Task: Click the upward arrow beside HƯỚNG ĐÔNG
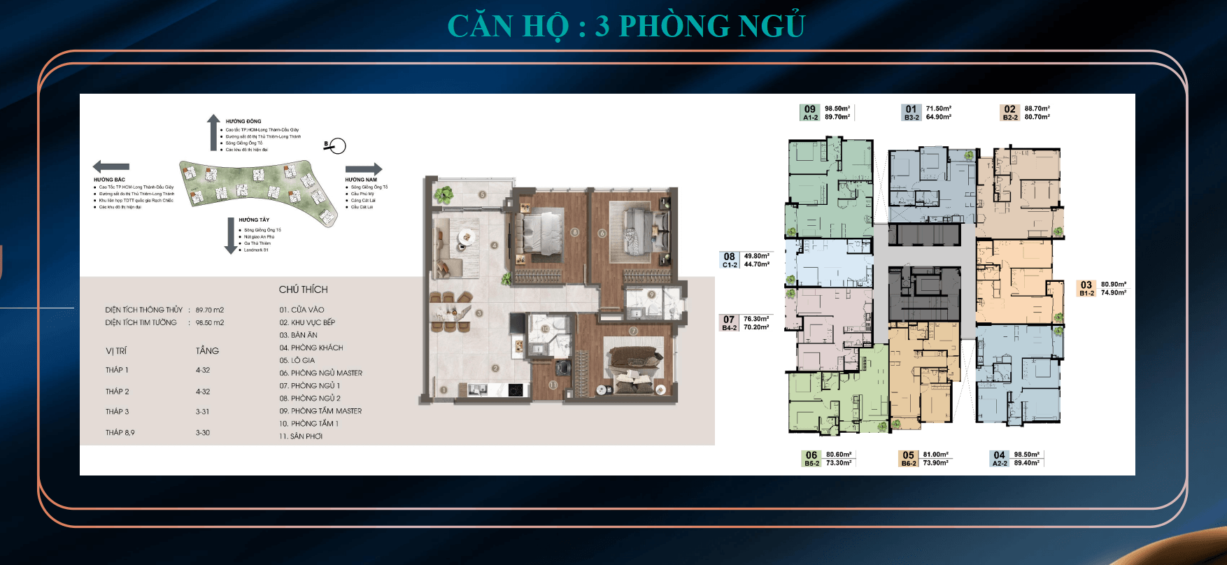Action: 213,132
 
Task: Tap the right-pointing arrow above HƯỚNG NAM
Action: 364,169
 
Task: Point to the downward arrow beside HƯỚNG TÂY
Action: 231,236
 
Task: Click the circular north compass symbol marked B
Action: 337,146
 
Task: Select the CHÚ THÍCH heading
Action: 303,289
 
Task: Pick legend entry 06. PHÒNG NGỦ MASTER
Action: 320,373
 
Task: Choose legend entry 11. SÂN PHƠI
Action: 301,436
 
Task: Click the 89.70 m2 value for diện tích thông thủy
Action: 210,310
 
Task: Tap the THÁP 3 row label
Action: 118,412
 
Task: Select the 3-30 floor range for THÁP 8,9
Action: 203,433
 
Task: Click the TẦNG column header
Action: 207,351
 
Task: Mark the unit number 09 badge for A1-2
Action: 810,109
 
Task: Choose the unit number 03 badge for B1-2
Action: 1086,285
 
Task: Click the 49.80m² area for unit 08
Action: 756,256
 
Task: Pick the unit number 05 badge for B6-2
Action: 908,455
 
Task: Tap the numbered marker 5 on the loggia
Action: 482,194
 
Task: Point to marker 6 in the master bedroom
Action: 602,233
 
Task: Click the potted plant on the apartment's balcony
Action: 443,194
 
